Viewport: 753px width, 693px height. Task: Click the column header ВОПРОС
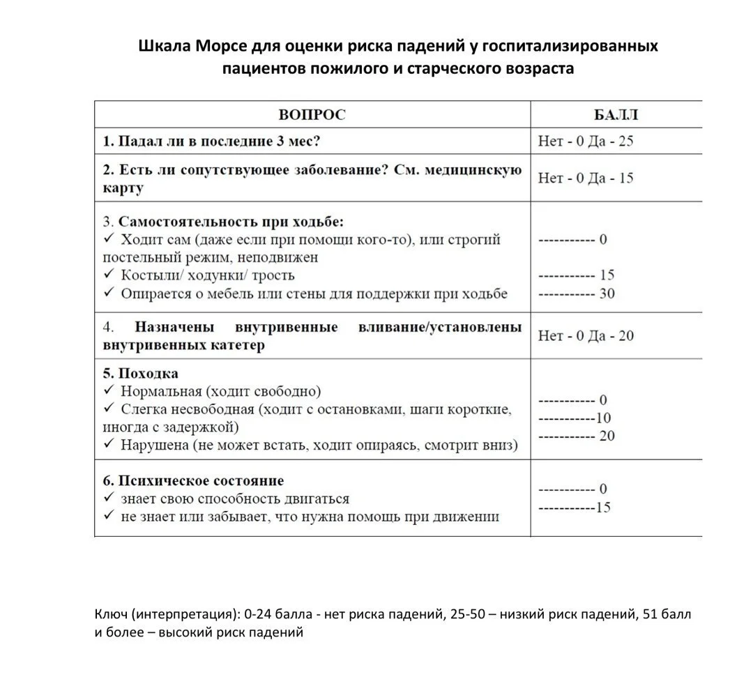coord(312,115)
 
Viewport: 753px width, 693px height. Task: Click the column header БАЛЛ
coord(616,115)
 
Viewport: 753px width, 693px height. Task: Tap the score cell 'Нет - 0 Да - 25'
coord(586,142)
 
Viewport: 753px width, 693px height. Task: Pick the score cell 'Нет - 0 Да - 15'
coord(586,178)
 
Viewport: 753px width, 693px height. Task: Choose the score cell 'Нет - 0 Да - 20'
coord(586,336)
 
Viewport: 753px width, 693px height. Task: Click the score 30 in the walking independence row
coord(607,294)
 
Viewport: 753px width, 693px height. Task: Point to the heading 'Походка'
coord(148,374)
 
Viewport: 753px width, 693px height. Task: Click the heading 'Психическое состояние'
coord(201,481)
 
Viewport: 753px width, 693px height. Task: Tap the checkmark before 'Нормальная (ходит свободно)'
coord(108,391)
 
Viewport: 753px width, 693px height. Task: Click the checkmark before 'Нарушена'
coord(108,444)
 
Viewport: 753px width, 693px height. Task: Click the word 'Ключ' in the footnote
coord(110,615)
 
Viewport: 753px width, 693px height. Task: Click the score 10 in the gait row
coord(603,418)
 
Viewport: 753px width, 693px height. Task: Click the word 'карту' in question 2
coord(123,188)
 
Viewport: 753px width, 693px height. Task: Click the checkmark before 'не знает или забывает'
coord(108,517)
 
